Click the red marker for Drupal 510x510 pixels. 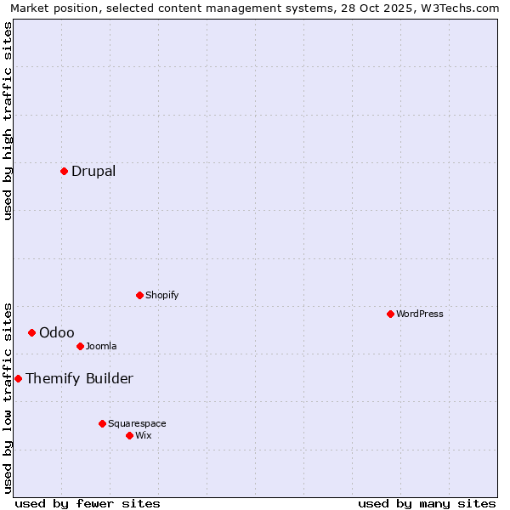(x=64, y=171)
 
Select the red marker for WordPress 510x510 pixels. (x=390, y=314)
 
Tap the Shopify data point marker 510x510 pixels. (x=139, y=295)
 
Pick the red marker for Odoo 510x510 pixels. (x=31, y=332)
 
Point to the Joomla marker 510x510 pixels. (x=80, y=346)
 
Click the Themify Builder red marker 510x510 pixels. (x=18, y=378)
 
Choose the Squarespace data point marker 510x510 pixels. (x=102, y=423)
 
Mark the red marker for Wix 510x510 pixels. (x=129, y=435)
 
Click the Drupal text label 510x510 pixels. (x=93, y=171)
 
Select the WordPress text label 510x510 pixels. (x=420, y=314)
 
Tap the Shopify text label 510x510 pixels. (x=162, y=295)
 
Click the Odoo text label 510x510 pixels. (x=57, y=332)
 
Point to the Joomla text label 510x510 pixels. (x=101, y=346)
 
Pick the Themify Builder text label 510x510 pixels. (x=79, y=378)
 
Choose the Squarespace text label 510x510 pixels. (x=137, y=423)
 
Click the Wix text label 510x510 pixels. (x=144, y=435)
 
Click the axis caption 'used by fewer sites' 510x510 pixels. (x=88, y=503)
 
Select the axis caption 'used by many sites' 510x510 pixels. (x=427, y=503)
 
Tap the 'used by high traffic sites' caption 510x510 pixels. (x=8, y=121)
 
